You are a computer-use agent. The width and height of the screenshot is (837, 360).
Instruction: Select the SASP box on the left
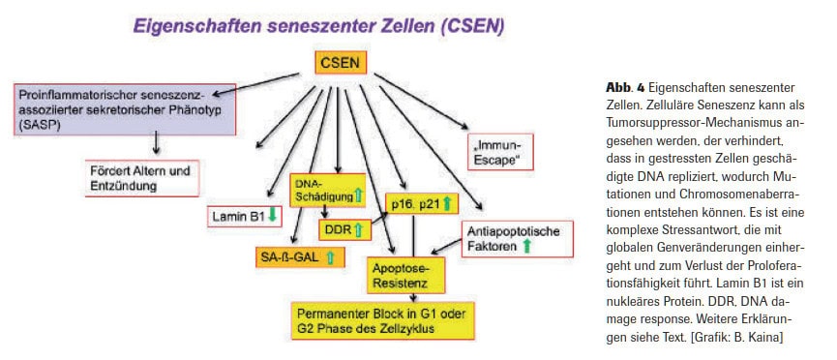112,106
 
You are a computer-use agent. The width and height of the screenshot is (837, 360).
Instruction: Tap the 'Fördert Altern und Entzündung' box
139,175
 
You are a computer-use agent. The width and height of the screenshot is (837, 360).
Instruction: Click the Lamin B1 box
243,217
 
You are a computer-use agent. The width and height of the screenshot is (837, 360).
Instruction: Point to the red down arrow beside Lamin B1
273,217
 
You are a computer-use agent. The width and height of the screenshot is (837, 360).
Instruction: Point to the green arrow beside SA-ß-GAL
330,257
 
